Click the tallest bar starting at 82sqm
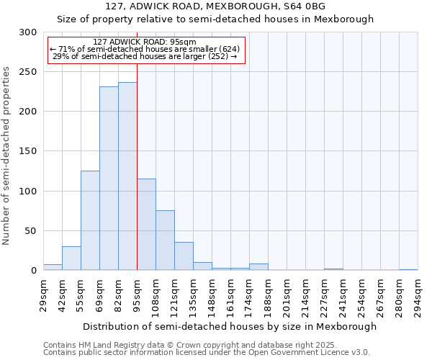click(x=127, y=176)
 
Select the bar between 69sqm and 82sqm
click(x=109, y=179)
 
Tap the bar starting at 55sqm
click(x=90, y=220)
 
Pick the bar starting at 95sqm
click(x=146, y=225)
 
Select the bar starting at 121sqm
click(x=184, y=256)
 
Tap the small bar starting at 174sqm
click(x=258, y=267)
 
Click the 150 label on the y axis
click(x=28, y=152)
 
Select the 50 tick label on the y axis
click(x=31, y=231)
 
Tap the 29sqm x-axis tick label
click(x=43, y=294)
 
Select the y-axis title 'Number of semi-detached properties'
click(x=7, y=156)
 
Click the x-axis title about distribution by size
click(x=230, y=326)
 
